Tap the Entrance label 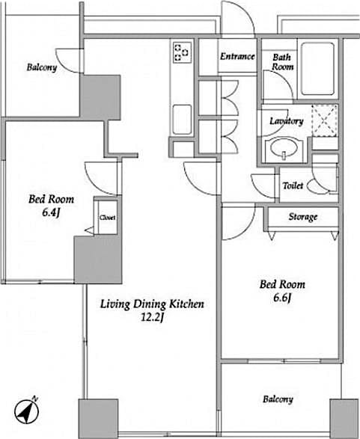[x=237, y=57]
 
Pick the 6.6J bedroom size [x=282, y=298]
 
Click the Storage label [x=302, y=217]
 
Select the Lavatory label [x=286, y=121]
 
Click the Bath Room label [x=282, y=61]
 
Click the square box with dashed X [x=325, y=120]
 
